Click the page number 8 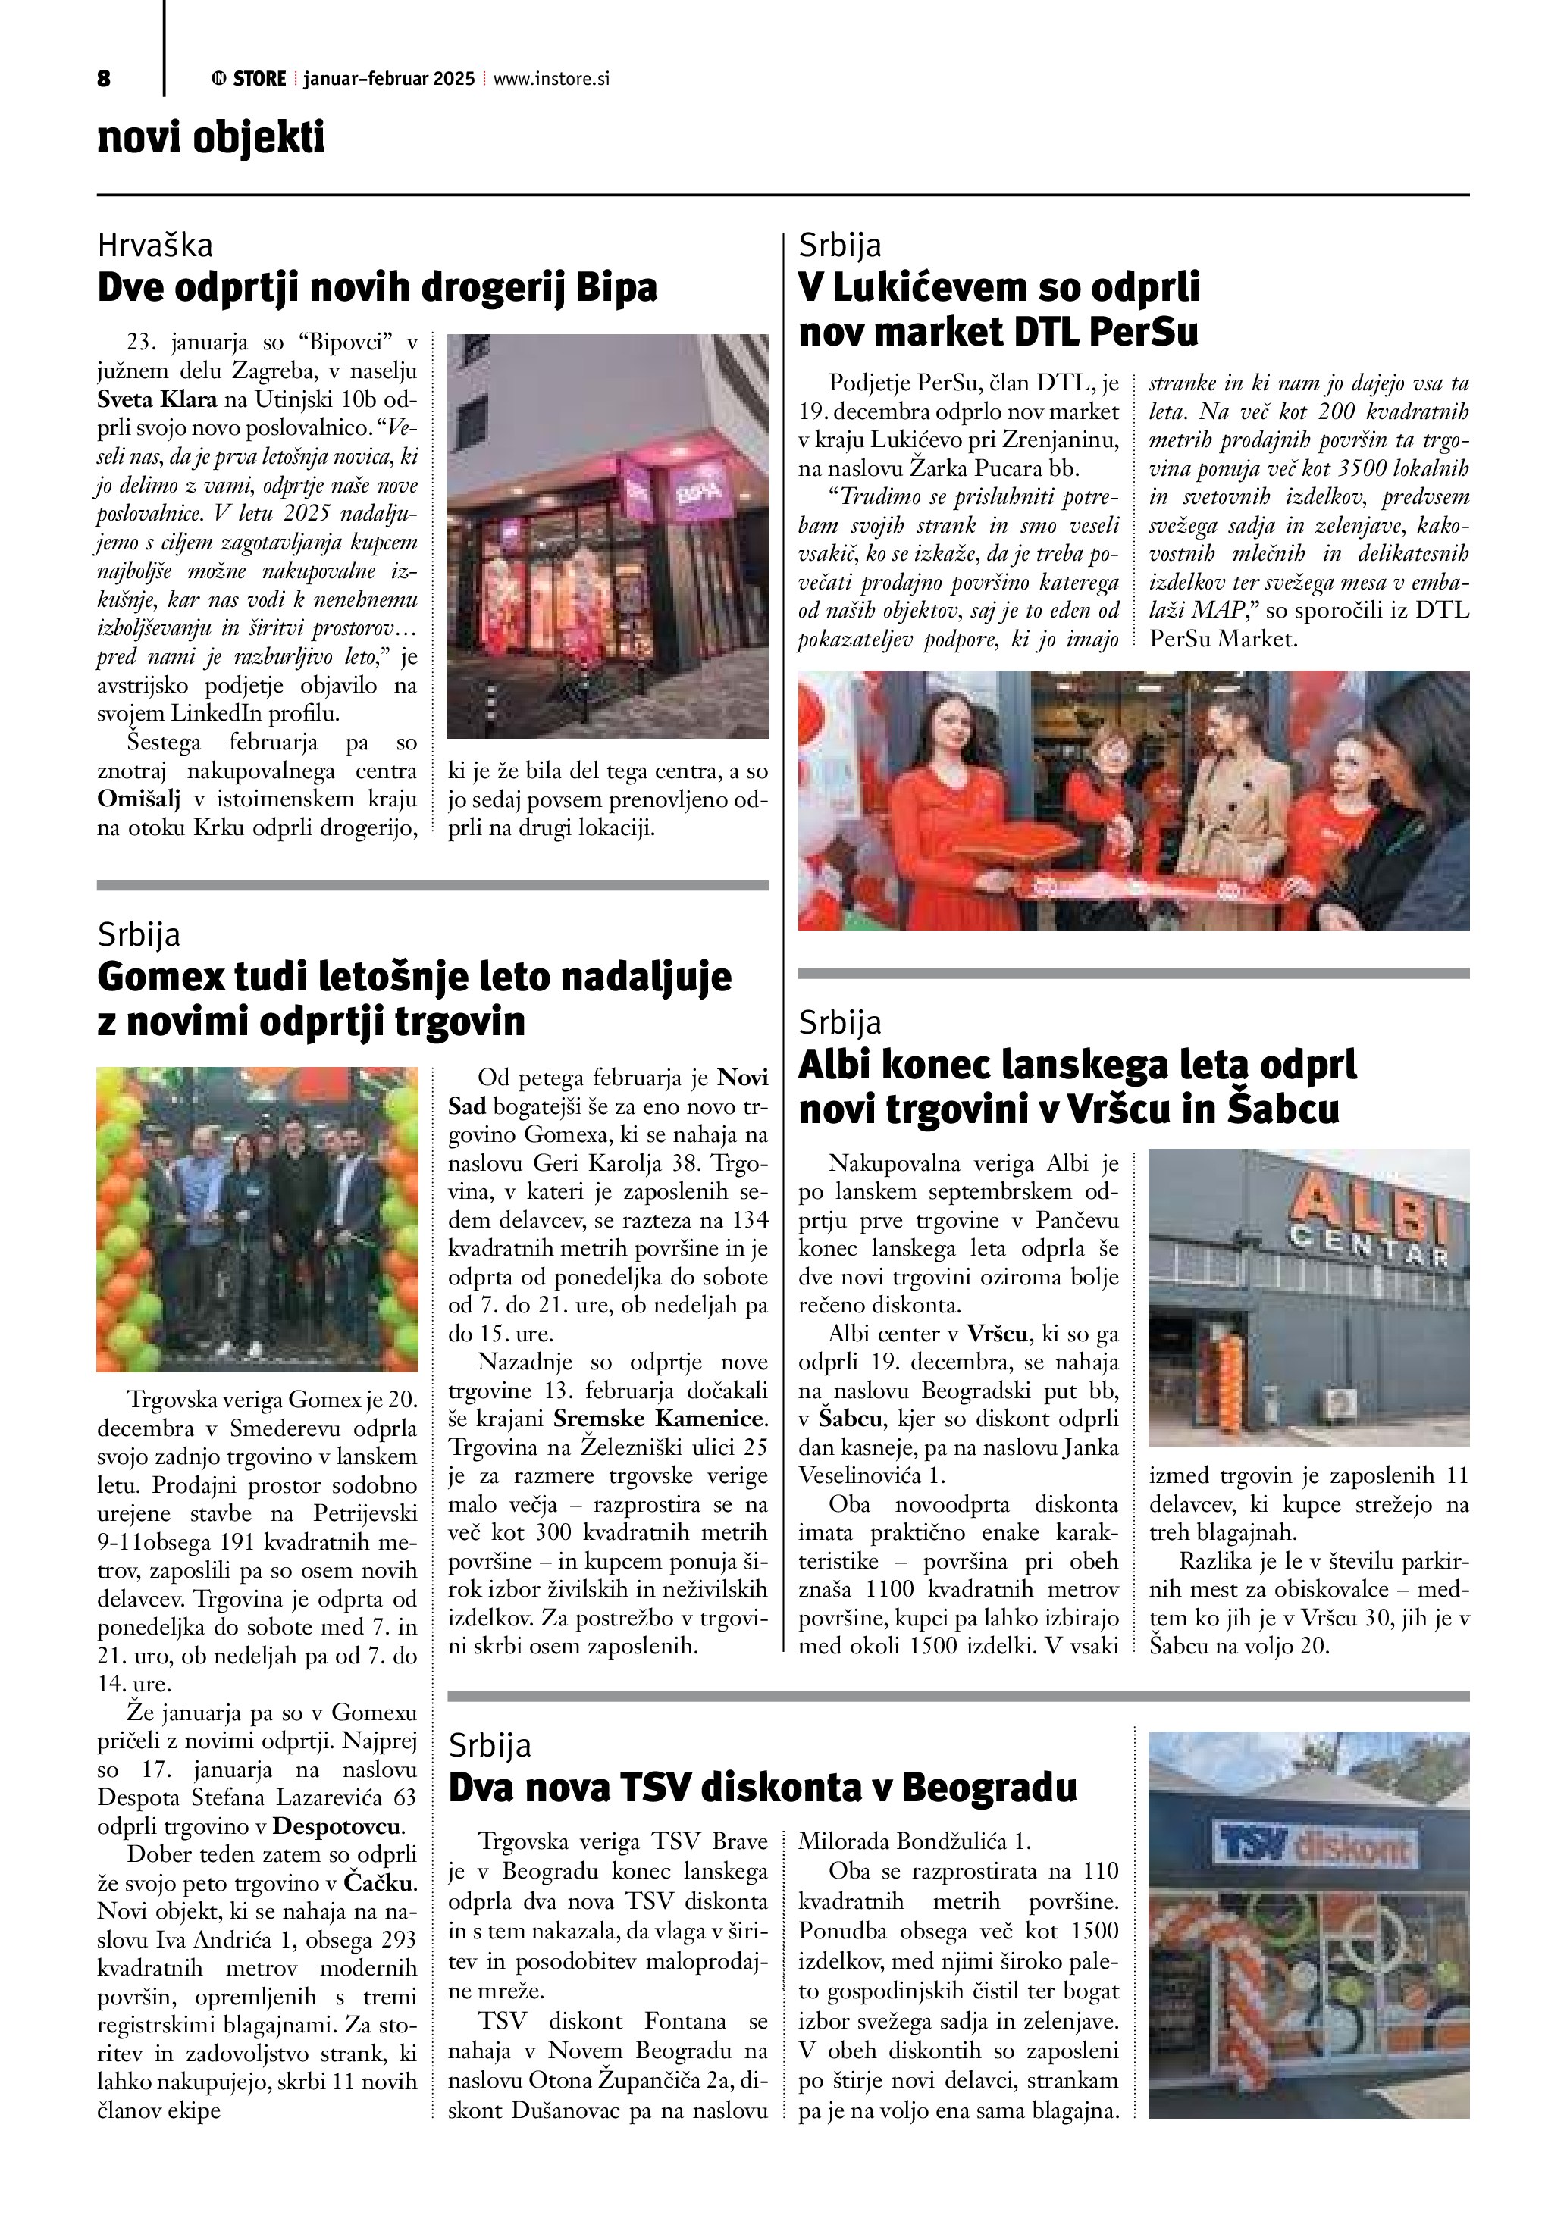pos(103,79)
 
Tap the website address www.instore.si pos(551,79)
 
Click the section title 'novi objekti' pos(212,138)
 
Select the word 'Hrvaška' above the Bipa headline pos(155,246)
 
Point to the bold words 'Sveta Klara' pos(156,399)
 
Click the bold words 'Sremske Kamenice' pos(660,1419)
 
